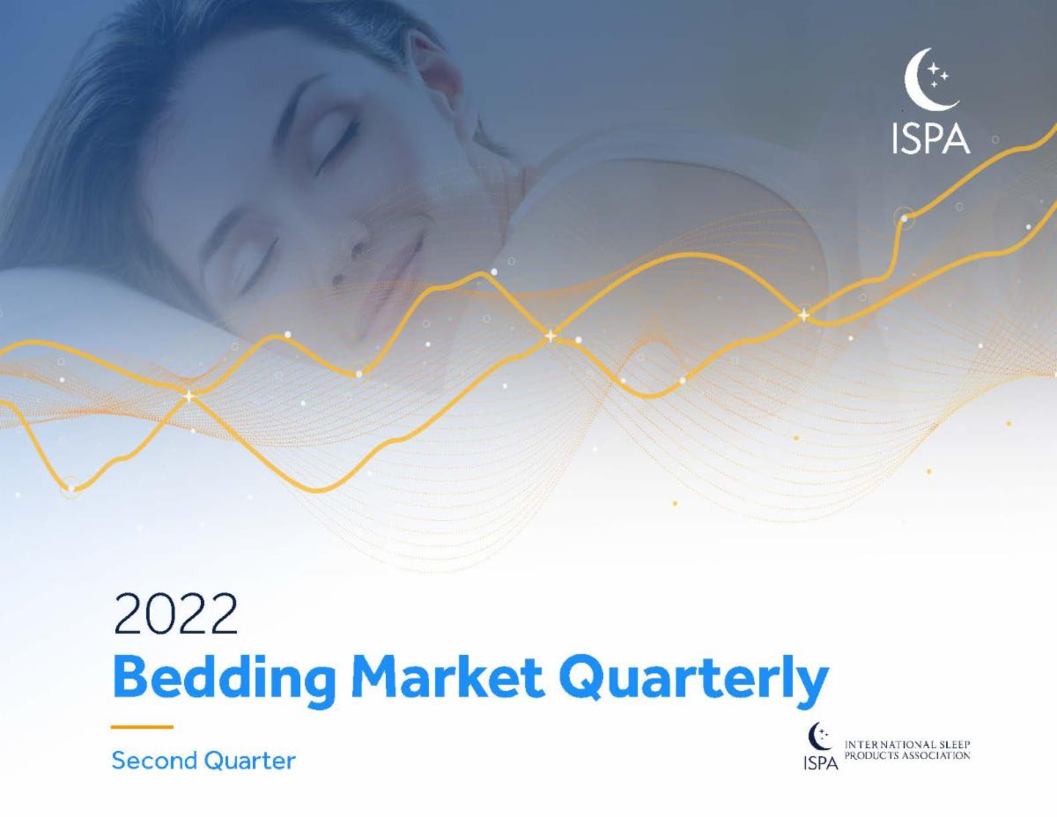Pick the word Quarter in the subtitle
(x=250, y=760)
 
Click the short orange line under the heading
(x=142, y=727)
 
